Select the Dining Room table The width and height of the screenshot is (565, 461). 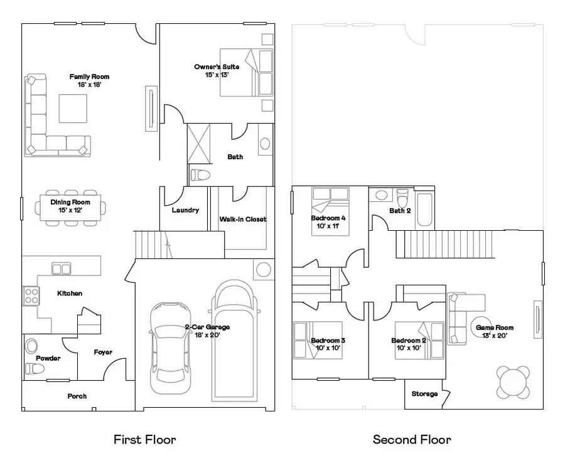point(70,207)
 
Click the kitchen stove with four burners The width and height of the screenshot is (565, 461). point(30,295)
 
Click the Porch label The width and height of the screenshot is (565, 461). point(77,396)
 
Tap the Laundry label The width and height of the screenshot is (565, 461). point(185,210)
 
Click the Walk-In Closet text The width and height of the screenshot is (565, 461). point(242,220)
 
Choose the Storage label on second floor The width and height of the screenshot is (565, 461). point(424,394)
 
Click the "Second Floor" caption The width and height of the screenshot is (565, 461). point(411,439)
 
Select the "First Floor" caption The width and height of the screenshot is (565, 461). point(144,439)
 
